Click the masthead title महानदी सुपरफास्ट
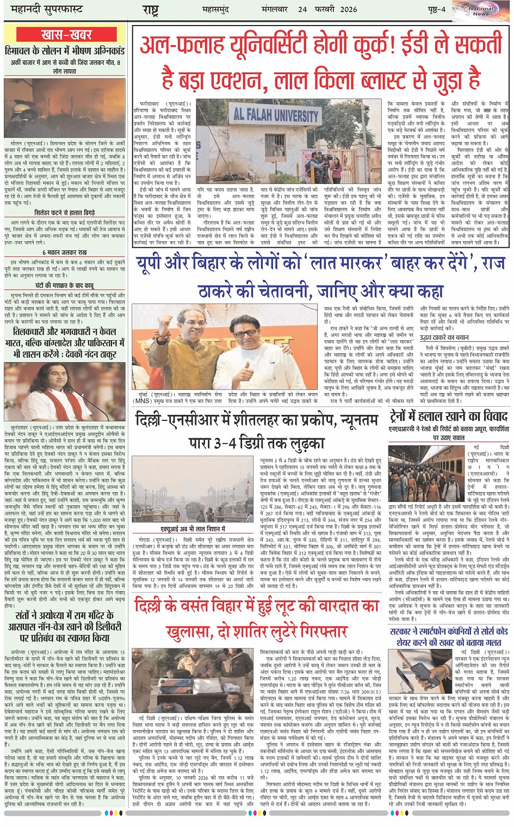tap(44, 10)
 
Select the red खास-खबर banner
tap(66, 35)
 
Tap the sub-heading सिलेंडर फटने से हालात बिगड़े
tap(64, 213)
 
